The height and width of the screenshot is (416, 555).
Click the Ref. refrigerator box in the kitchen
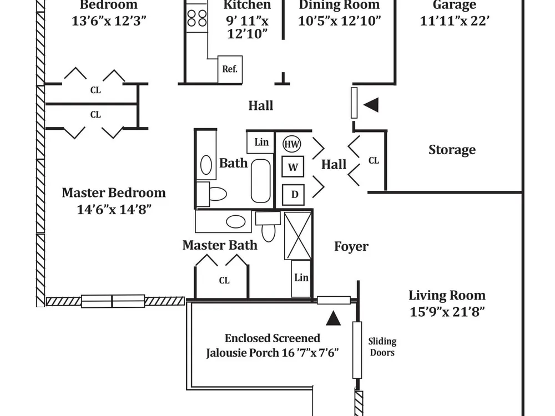pyautogui.click(x=230, y=69)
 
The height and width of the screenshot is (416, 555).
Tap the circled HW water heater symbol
pyautogui.click(x=292, y=144)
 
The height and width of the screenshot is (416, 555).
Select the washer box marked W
pyautogui.click(x=292, y=166)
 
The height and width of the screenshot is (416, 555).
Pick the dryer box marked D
pyautogui.click(x=294, y=195)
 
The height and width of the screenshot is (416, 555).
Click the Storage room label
pyautogui.click(x=452, y=150)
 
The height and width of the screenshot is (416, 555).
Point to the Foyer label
pyautogui.click(x=351, y=246)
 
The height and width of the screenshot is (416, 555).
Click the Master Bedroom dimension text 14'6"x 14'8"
pyautogui.click(x=114, y=210)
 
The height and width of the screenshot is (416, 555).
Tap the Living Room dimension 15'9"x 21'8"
pyautogui.click(x=447, y=312)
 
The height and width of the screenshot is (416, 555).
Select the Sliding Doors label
pyautogui.click(x=382, y=347)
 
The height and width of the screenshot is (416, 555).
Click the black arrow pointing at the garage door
pyautogui.click(x=371, y=105)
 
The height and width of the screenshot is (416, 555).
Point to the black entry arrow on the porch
pyautogui.click(x=333, y=318)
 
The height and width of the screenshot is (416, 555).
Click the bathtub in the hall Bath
pyautogui.click(x=261, y=181)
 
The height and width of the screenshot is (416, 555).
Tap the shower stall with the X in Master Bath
pyautogui.click(x=298, y=236)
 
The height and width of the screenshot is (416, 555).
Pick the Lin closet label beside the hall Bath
pyautogui.click(x=261, y=142)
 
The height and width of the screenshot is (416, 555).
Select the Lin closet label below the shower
pyautogui.click(x=301, y=278)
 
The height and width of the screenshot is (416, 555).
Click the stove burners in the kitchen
pyautogui.click(x=197, y=18)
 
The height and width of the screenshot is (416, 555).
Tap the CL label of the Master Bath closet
pyautogui.click(x=224, y=281)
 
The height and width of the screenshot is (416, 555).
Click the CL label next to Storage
pyautogui.click(x=374, y=161)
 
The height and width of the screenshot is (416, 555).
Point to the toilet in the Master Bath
pyautogui.click(x=268, y=227)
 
